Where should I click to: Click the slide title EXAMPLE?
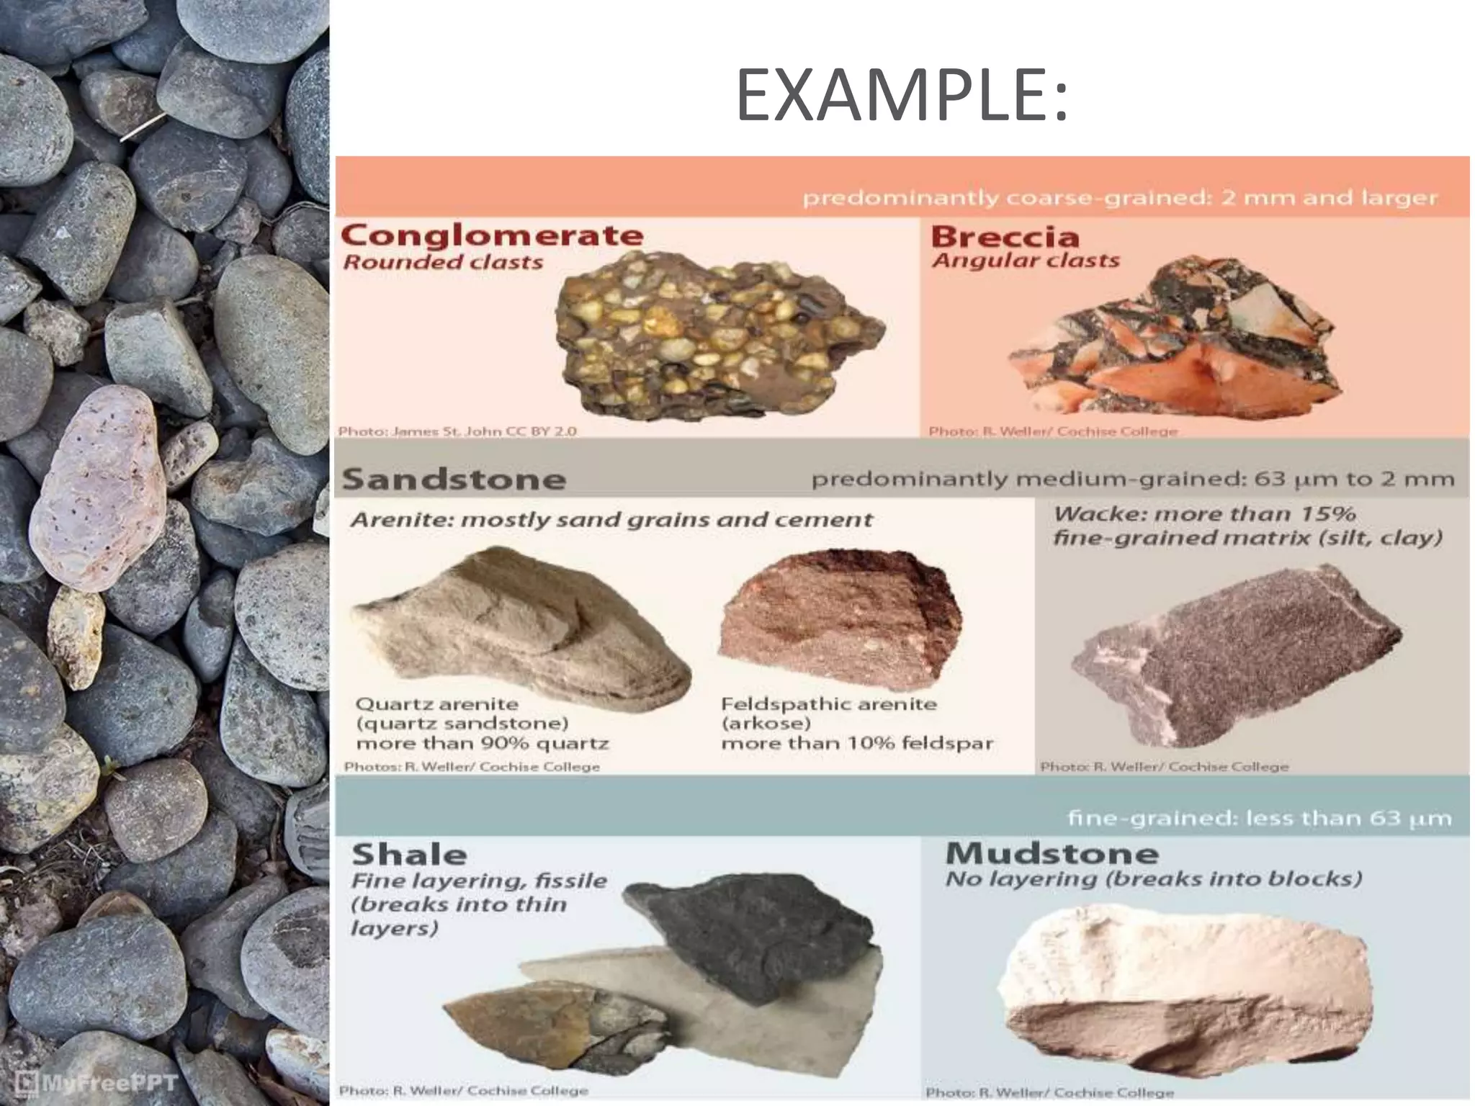[x=902, y=96]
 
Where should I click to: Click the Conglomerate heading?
[x=492, y=235]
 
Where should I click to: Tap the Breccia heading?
[x=1005, y=236]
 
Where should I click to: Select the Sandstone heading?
[x=454, y=480]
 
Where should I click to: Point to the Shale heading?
[x=409, y=855]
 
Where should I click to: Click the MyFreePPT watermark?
[x=97, y=1082]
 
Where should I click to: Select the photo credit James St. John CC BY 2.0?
[x=457, y=431]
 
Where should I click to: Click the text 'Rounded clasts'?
[x=443, y=262]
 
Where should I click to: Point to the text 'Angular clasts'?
[x=1026, y=260]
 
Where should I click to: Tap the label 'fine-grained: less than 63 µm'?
[x=1259, y=818]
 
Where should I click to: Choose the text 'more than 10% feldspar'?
[x=857, y=743]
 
